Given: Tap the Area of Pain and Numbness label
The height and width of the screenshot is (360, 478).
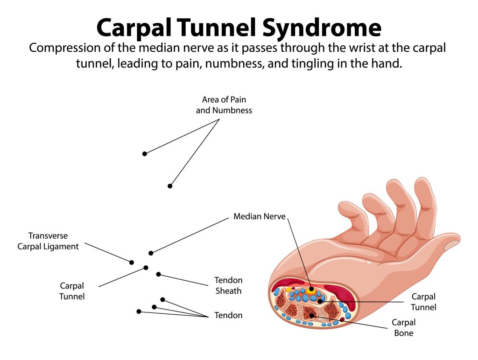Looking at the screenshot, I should click(224, 105).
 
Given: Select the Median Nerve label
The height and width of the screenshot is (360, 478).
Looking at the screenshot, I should click(259, 216).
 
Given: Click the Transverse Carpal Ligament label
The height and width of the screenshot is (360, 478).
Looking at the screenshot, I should click(49, 241).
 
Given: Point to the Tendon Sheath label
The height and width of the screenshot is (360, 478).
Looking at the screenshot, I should click(228, 285).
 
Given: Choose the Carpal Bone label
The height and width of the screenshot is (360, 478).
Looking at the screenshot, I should click(403, 328).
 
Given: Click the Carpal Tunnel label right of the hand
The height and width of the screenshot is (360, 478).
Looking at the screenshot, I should click(423, 302).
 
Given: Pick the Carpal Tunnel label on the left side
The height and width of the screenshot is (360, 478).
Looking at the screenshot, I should click(72, 291).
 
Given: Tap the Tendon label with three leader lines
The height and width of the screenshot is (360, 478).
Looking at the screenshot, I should click(228, 315).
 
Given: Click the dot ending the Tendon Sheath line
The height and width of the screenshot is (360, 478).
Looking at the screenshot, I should click(159, 274).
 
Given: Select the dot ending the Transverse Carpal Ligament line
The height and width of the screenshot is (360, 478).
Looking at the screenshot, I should click(132, 263).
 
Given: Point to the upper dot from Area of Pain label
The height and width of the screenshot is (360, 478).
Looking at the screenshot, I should click(145, 153).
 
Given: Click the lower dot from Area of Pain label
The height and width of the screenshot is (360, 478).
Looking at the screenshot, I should click(170, 186).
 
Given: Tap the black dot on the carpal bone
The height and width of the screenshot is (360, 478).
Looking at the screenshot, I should click(311, 316).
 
